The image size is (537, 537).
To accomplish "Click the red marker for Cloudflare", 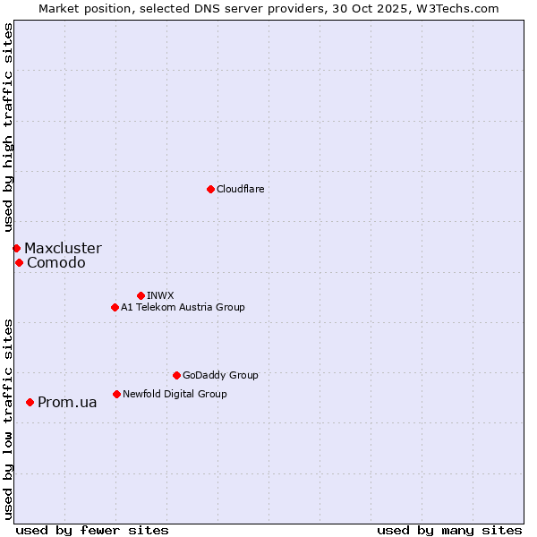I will tap(210, 189).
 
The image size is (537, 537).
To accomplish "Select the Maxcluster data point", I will tap(16, 248).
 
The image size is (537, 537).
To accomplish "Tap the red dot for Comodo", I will tap(19, 262).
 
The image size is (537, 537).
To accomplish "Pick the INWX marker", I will tap(141, 295).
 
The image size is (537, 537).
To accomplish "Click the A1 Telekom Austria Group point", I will tap(115, 307).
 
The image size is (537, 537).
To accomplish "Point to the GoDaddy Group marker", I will tap(176, 375).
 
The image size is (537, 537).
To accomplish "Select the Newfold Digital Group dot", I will tap(116, 394).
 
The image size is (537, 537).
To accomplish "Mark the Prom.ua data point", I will tap(30, 402).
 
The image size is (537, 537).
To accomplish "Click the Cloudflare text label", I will tap(240, 189).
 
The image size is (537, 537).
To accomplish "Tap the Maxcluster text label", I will tap(63, 248).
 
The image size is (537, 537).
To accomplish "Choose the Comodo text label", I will tap(56, 262).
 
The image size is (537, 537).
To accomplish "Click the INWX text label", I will tap(160, 295).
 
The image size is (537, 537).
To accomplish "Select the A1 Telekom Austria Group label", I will tap(183, 307).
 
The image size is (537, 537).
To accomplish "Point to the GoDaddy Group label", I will tap(220, 375).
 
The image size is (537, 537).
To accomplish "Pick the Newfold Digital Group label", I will tap(175, 394).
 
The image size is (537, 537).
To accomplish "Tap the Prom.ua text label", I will tap(67, 402).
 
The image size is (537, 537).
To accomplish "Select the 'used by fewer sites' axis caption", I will tap(92, 530).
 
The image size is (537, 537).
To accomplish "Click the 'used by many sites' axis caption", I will tap(449, 530).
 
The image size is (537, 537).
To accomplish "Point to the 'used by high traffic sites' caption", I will tap(8, 127).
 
